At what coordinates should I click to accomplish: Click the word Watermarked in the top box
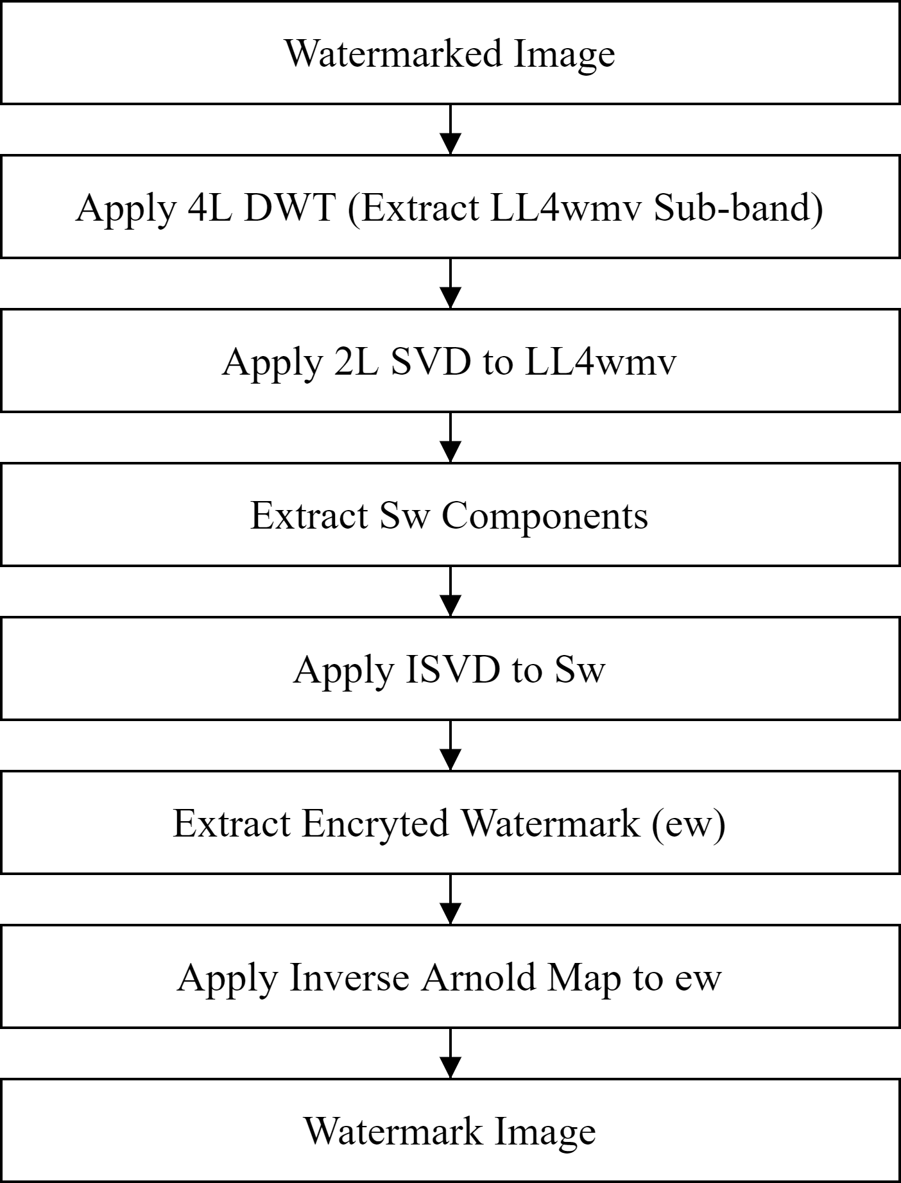point(393,53)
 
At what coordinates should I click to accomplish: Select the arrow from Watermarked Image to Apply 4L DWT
point(451,129)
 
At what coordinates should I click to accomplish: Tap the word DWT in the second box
point(290,207)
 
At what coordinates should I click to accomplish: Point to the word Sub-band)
point(738,207)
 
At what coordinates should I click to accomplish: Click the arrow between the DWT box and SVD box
point(451,283)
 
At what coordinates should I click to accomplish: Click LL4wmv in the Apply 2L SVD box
point(601,361)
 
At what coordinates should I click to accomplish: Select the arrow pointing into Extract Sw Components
point(451,437)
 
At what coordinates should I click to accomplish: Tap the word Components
point(545,515)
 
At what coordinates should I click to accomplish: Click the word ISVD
point(453,669)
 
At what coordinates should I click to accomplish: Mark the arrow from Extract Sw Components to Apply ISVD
point(451,591)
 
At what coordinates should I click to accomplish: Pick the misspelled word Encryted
point(375,823)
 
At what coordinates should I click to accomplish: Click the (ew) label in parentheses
point(689,823)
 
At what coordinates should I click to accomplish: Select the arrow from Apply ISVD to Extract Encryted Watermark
point(451,745)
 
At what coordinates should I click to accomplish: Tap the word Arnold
point(477,977)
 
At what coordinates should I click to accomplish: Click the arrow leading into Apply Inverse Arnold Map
point(451,899)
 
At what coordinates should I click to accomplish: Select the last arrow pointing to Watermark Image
point(451,1053)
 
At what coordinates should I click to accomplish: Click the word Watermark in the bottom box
point(393,1131)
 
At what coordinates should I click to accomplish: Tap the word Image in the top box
point(564,55)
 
